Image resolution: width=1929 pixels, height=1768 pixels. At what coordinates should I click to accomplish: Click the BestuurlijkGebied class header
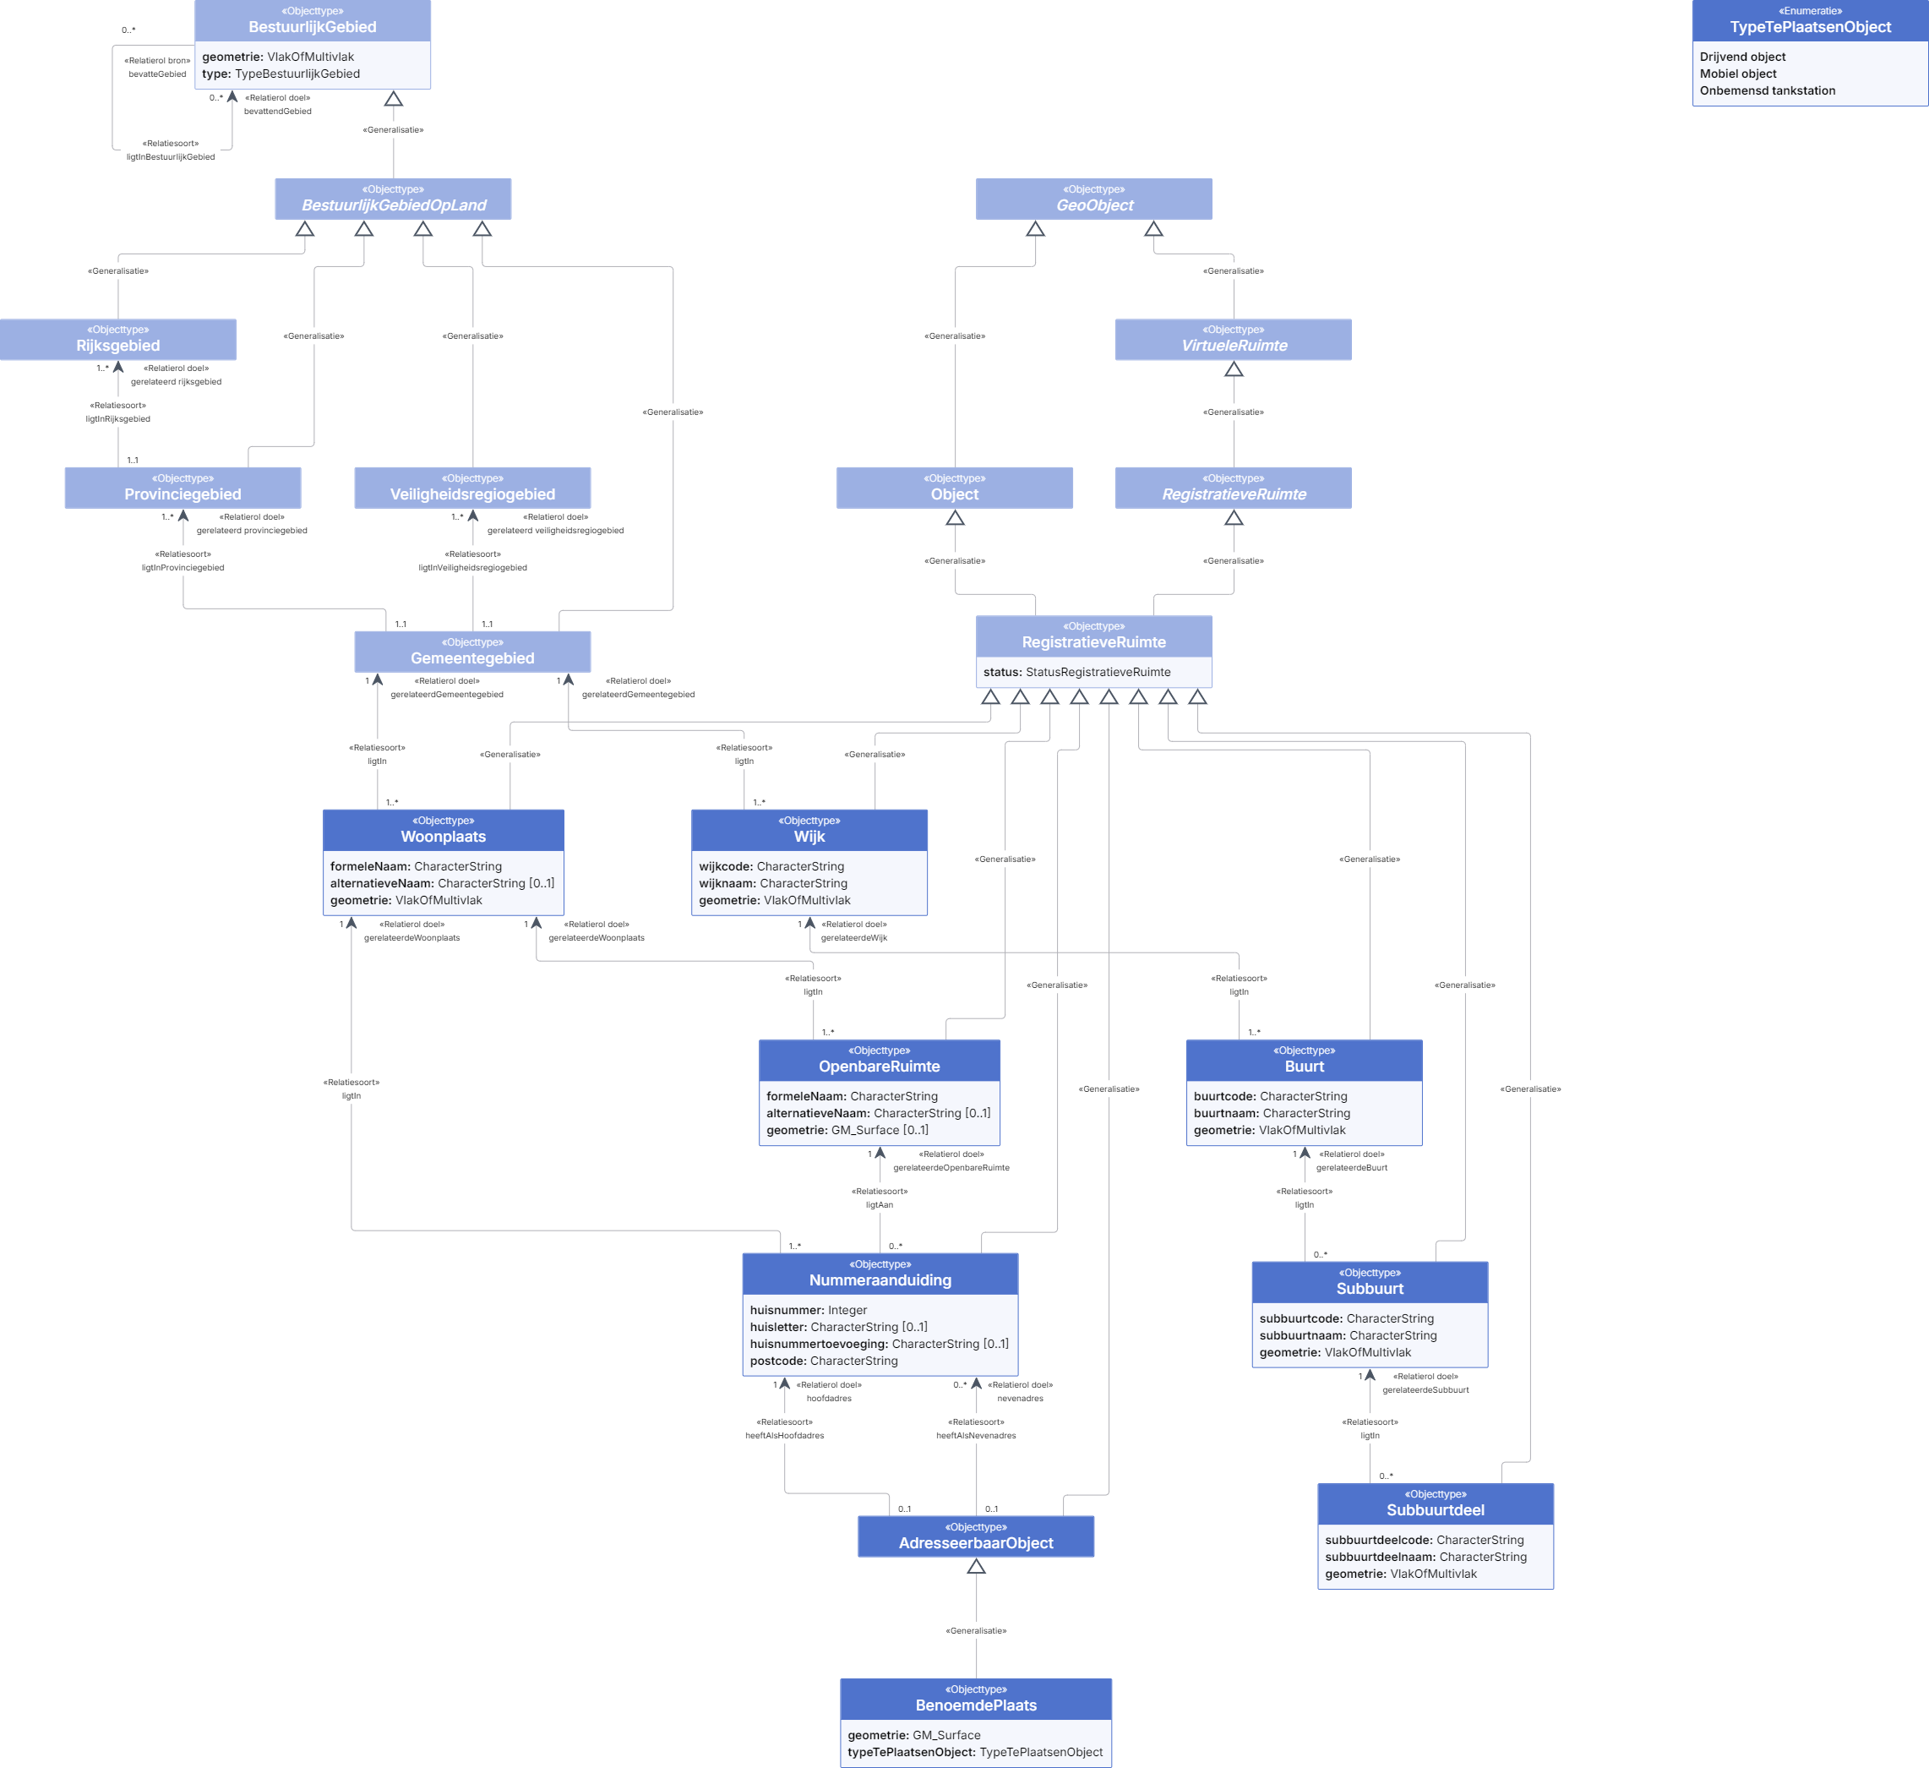(312, 20)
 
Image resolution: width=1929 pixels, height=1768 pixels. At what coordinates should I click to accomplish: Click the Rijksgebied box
(117, 340)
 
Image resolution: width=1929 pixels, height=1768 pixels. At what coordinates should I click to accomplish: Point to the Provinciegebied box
(183, 488)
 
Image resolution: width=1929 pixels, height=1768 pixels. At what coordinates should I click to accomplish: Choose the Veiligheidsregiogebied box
(472, 488)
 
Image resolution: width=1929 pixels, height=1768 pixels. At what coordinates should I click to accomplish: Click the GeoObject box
(1093, 199)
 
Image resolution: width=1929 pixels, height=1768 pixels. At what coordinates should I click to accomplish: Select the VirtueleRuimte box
(1234, 340)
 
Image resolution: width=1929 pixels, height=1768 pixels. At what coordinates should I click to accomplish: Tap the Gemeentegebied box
(472, 652)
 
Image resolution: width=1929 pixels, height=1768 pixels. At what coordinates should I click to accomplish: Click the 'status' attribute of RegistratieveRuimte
(1076, 672)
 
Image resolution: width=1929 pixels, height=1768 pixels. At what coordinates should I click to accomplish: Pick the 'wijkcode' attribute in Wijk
(771, 866)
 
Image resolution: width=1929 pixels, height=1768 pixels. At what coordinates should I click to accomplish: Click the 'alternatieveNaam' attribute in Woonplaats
(442, 883)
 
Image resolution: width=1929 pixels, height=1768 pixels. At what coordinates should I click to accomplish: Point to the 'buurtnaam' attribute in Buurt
(1272, 1113)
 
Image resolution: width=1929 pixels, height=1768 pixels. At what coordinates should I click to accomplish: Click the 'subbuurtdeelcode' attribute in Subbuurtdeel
(1424, 1540)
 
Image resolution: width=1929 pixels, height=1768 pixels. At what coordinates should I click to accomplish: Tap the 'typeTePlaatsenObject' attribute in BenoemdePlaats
(975, 1753)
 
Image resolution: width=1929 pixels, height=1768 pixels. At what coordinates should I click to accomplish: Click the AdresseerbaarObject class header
(976, 1536)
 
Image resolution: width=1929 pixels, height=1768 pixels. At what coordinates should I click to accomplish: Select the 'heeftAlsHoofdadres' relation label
(785, 1436)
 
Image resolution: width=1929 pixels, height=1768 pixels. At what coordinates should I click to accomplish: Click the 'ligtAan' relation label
(880, 1205)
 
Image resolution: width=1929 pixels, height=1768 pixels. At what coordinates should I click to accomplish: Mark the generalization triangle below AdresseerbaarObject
(976, 1566)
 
